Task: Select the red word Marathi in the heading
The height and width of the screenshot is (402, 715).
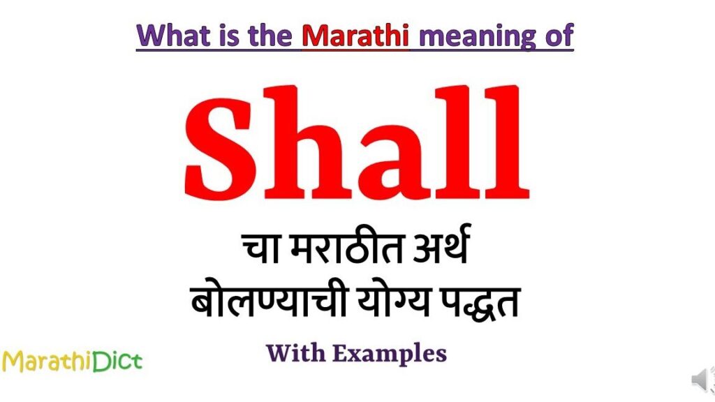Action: tap(355, 35)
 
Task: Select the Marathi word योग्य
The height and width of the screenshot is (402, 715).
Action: tap(387, 305)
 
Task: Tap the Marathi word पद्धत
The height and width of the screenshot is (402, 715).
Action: tap(480, 305)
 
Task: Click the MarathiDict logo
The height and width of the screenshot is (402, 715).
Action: tap(71, 361)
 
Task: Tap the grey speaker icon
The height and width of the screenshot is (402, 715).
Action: tap(701, 380)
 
